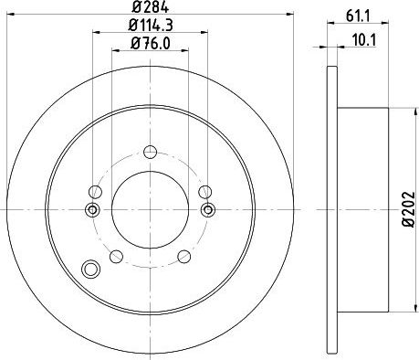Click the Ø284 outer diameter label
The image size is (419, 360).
149,10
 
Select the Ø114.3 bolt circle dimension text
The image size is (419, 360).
149,28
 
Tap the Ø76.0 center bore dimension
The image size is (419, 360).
149,47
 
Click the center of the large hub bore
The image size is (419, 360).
149,209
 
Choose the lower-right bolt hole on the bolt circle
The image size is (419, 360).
184,255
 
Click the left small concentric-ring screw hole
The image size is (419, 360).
91,211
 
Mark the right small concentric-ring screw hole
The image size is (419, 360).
207,211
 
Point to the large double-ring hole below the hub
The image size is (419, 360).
89,270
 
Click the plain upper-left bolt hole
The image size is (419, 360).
94,191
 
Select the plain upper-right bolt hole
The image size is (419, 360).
204,191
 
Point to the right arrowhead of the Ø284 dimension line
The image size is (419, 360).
292,19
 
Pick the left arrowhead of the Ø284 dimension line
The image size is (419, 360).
7,19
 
